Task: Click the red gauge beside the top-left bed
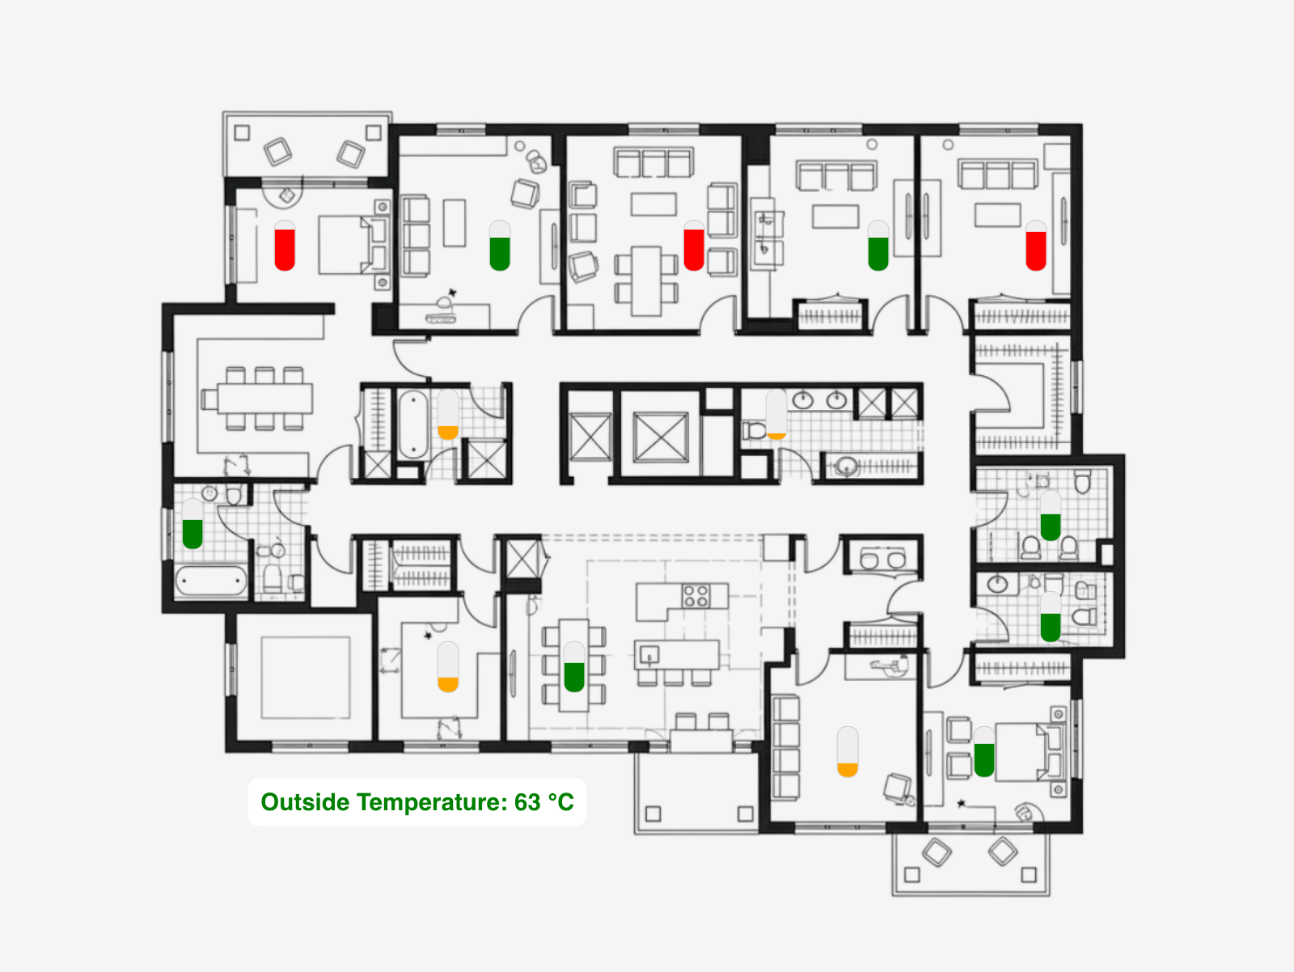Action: coord(285,246)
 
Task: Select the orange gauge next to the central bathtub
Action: coord(448,415)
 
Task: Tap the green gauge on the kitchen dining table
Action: coord(574,666)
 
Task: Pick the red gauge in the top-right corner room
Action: coord(1036,246)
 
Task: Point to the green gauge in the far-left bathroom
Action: coord(192,524)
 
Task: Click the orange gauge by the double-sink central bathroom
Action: coord(776,415)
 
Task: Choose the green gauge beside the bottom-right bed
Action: coord(984,751)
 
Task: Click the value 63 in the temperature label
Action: coord(527,802)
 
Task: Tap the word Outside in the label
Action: coord(305,802)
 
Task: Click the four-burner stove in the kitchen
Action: coord(696,595)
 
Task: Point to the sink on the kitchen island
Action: coord(649,655)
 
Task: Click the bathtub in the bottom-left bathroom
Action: coord(211,581)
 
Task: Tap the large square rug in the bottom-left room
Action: coord(306,678)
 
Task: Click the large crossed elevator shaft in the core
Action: coord(660,437)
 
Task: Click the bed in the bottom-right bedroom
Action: coord(1030,750)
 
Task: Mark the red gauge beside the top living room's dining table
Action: coord(694,246)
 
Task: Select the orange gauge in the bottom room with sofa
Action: coord(848,751)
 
